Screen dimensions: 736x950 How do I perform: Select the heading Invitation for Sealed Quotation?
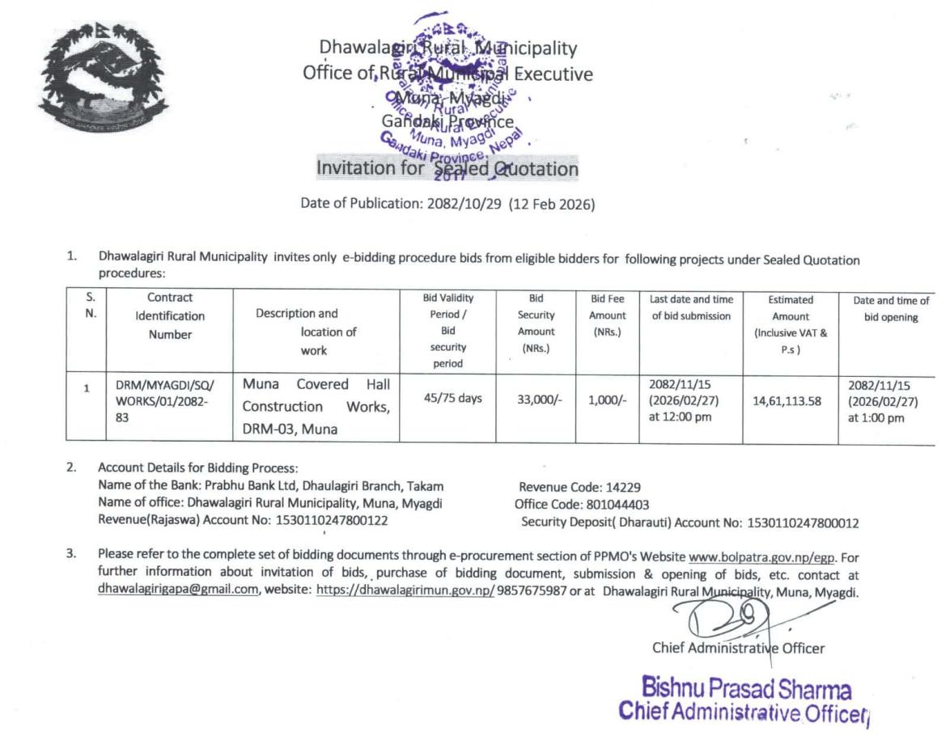[x=447, y=169]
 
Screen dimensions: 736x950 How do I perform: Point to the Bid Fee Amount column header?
[x=607, y=315]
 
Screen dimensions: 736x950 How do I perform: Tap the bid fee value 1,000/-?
[x=607, y=399]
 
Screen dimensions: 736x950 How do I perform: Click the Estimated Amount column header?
[x=791, y=324]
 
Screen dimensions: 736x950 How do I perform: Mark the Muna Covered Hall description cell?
[x=316, y=407]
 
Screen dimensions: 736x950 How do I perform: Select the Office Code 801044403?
[x=617, y=505]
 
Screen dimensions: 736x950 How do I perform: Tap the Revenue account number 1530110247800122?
[x=332, y=521]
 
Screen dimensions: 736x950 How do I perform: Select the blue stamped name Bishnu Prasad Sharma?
[x=746, y=689]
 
